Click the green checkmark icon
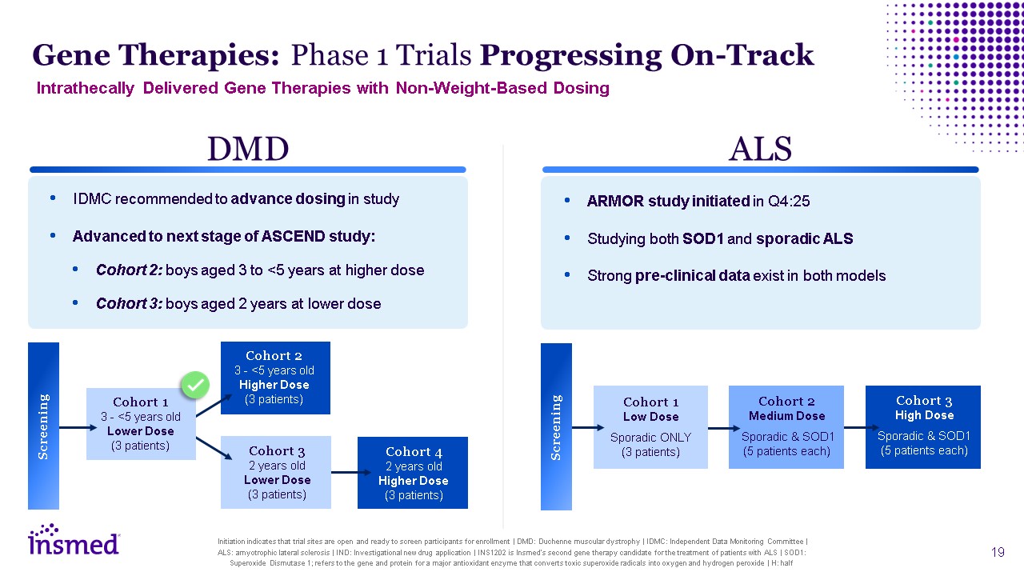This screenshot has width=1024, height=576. [x=194, y=386]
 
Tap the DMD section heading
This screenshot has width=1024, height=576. [x=248, y=150]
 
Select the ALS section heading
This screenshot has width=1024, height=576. [x=760, y=150]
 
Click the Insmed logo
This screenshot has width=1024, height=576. [x=74, y=540]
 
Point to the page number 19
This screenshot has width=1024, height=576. [x=998, y=552]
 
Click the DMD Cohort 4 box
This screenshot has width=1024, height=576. [x=413, y=473]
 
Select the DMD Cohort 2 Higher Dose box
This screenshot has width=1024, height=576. [x=275, y=378]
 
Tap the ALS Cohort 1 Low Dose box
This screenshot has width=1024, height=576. [x=650, y=427]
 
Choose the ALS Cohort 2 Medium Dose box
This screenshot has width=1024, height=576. [x=786, y=427]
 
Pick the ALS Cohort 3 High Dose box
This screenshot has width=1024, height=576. [x=923, y=427]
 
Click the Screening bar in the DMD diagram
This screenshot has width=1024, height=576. [x=43, y=426]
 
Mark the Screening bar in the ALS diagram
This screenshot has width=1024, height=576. [x=556, y=426]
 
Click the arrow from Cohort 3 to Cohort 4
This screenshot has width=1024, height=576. [x=344, y=472]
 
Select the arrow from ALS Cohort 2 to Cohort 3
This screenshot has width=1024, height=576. [x=854, y=427]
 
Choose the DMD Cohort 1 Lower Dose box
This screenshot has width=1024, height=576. [x=141, y=424]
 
